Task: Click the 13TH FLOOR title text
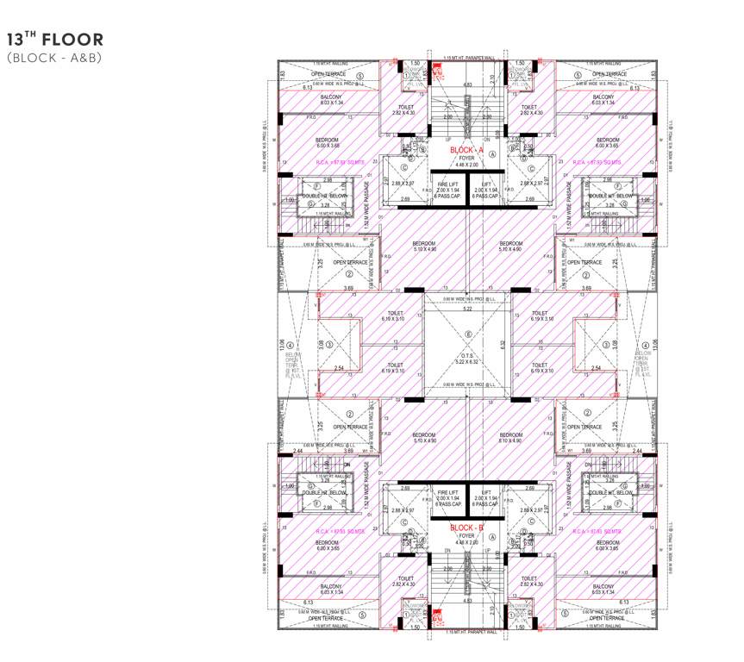(55, 40)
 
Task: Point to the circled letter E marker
(468, 334)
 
